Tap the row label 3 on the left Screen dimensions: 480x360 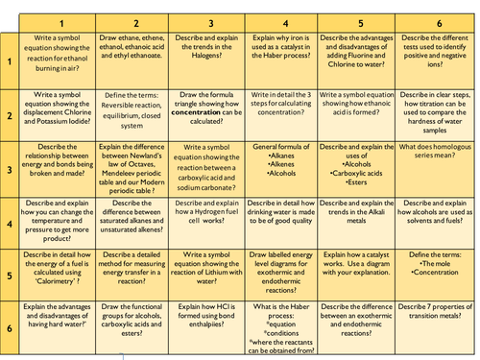10,169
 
